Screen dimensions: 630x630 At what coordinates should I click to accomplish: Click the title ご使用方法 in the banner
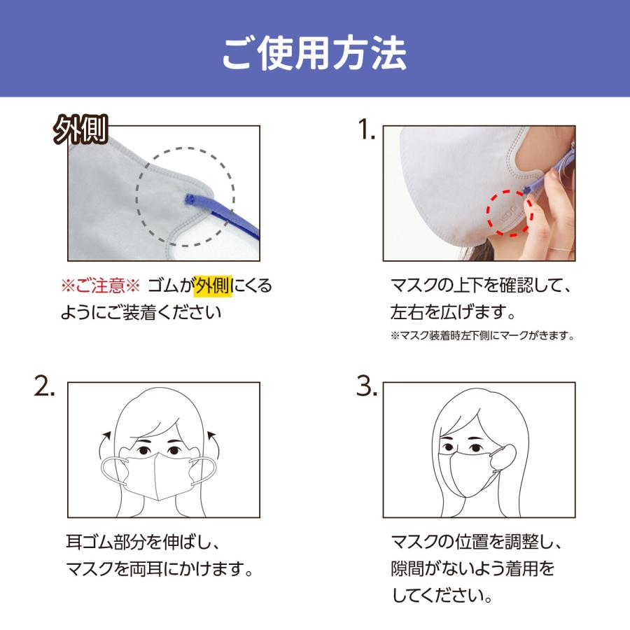click(314, 51)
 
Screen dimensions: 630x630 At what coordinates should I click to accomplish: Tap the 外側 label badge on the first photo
click(81, 129)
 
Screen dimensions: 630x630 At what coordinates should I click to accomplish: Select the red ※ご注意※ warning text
click(101, 286)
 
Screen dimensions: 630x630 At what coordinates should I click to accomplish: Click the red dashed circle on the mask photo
click(510, 212)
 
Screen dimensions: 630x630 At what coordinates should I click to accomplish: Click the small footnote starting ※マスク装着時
click(482, 336)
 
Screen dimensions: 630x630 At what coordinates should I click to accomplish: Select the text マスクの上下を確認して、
click(482, 286)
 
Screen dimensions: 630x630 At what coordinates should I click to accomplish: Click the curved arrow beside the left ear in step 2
click(105, 440)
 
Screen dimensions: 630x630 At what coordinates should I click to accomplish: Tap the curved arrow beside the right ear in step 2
click(213, 440)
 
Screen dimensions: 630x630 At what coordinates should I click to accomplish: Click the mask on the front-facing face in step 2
click(159, 476)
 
